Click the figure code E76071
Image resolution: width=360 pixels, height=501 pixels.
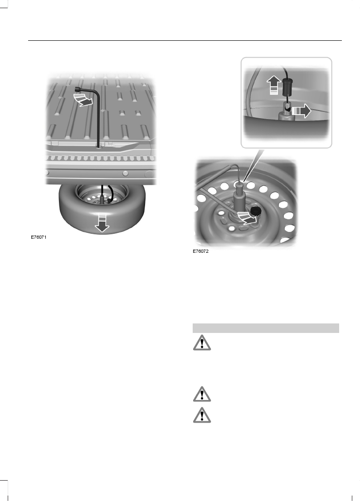39,236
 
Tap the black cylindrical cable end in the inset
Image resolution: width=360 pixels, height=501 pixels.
287,89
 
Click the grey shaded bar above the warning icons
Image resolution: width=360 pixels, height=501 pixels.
266,328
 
